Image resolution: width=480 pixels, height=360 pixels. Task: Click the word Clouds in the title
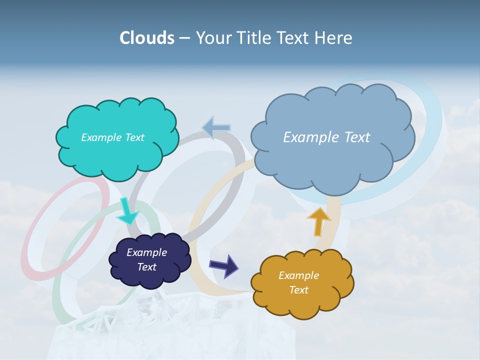[x=146, y=38]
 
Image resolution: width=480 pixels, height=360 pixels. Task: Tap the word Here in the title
[x=334, y=38]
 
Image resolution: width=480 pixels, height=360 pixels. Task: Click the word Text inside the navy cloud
[x=147, y=267]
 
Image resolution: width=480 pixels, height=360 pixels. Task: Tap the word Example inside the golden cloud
[x=298, y=275]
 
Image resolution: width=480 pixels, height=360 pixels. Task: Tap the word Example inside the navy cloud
[x=146, y=252]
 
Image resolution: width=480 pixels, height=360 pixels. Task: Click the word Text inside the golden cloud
[x=298, y=290]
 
